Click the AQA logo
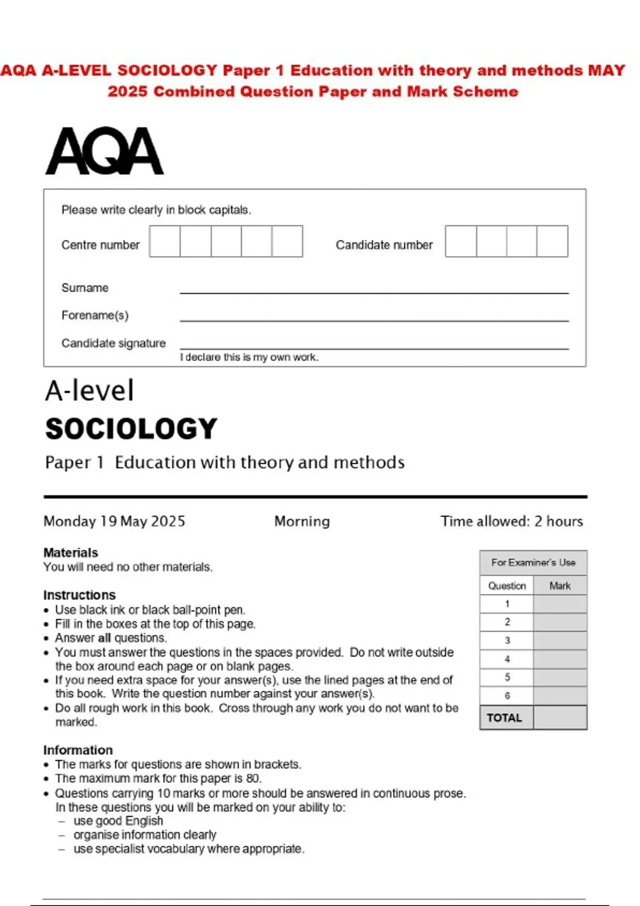[105, 151]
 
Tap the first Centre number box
[165, 241]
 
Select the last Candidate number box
[552, 241]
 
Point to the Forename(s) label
[95, 316]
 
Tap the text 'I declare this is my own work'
[249, 358]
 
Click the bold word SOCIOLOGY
[131, 429]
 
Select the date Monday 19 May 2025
[114, 521]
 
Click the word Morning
[302, 521]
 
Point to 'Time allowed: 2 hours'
[511, 521]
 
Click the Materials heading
[70, 553]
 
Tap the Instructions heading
[79, 595]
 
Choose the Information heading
[78, 750]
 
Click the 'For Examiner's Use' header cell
[533, 563]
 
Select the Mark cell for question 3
[560, 641]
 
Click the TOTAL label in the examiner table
[505, 718]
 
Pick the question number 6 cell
[507, 695]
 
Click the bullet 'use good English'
[118, 821]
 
